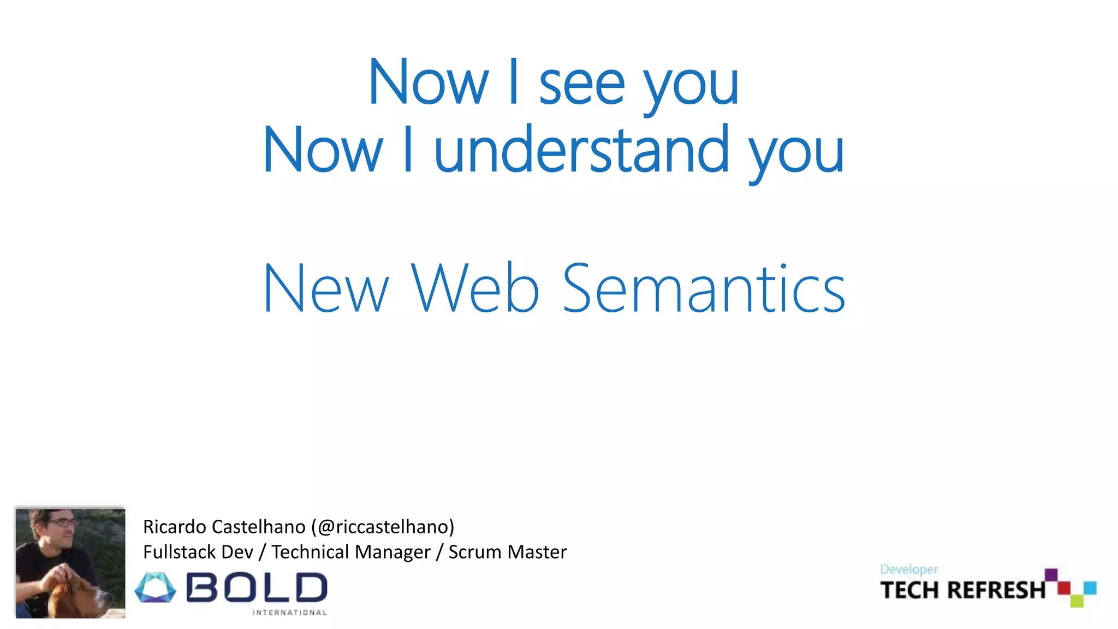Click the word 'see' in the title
[581, 86]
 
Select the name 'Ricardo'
[174, 527]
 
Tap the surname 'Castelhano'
[258, 527]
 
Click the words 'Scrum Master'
[508, 552]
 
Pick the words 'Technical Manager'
[351, 552]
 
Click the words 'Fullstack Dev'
[198, 552]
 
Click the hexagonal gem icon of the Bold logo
[156, 588]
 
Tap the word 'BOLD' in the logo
[257, 588]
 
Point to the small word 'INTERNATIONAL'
[289, 613]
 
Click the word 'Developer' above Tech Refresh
[909, 569]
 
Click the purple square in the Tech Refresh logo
[1051, 575]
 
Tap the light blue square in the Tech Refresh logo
[1090, 588]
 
